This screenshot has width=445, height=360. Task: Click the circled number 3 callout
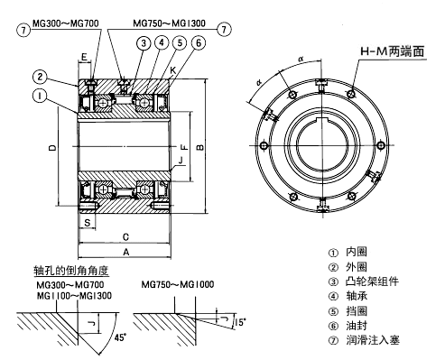click(x=144, y=43)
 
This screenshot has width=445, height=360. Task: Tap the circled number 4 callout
click(x=162, y=42)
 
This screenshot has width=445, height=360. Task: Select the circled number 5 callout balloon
click(x=180, y=43)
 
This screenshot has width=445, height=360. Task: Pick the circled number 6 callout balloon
click(x=199, y=43)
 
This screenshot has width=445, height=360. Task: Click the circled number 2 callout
click(x=40, y=77)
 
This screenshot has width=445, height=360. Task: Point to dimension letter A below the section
click(x=126, y=252)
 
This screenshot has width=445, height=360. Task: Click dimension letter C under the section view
click(x=125, y=237)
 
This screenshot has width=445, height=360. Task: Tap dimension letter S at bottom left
click(x=88, y=223)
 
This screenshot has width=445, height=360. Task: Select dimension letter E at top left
click(x=85, y=57)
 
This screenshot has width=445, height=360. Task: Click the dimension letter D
click(x=52, y=147)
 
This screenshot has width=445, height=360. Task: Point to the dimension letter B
click(x=199, y=147)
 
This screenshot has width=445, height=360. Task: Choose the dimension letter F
click(x=184, y=147)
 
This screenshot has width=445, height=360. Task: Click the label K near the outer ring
click(x=172, y=70)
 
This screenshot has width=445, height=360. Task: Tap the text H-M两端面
click(x=392, y=51)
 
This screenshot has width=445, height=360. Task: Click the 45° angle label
click(x=120, y=337)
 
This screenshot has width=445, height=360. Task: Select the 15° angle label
click(x=240, y=322)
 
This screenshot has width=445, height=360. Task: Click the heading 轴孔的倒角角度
click(x=71, y=271)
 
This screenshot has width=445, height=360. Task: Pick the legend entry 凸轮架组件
click(x=373, y=282)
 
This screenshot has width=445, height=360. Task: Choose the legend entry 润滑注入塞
click(x=373, y=340)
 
